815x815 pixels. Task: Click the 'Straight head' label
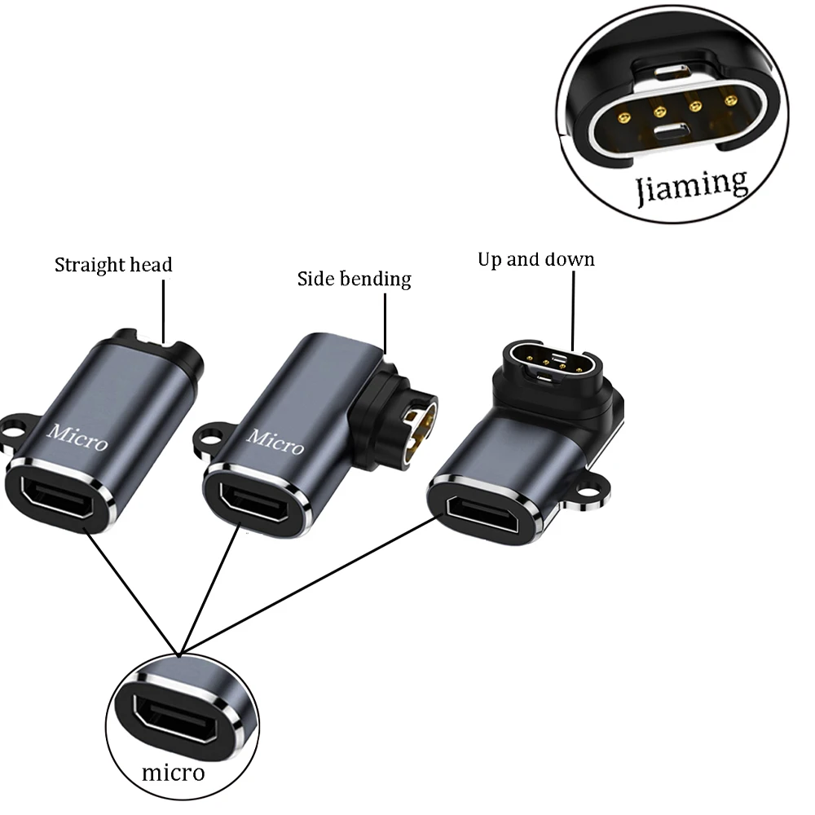click(113, 265)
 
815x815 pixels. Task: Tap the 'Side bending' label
click(354, 280)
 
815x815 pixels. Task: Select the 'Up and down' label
click(535, 260)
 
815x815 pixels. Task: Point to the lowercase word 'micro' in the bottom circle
click(173, 772)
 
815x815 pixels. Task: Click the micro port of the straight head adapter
click(55, 496)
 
